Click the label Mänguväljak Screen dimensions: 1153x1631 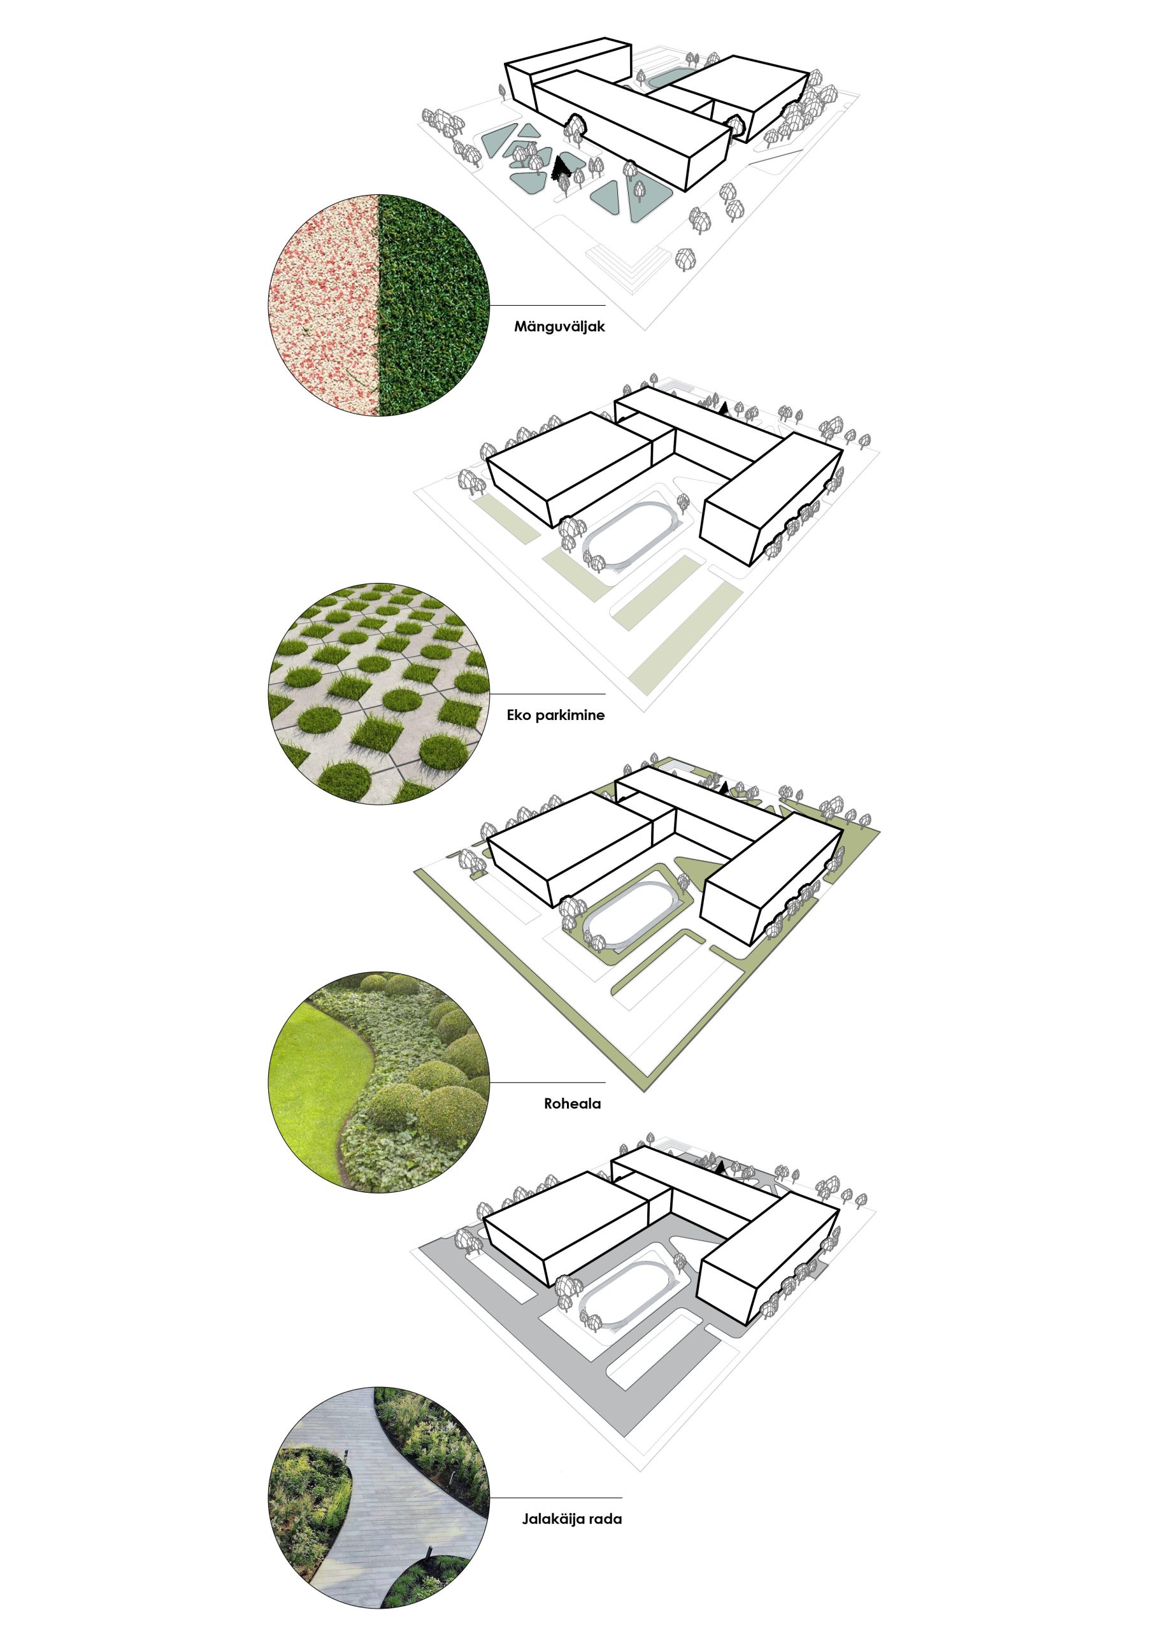point(559,327)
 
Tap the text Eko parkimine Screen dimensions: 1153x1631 point(555,715)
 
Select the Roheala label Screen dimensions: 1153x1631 point(573,1104)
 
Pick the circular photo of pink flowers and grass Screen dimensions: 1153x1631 point(378,306)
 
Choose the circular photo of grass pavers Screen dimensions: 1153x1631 point(378,694)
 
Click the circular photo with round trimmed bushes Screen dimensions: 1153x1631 point(378,1082)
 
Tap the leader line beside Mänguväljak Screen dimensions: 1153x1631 point(548,306)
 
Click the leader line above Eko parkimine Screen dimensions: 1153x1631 point(548,694)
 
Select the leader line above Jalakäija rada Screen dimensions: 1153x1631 point(555,1497)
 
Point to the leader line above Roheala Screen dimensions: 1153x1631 point(548,1082)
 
